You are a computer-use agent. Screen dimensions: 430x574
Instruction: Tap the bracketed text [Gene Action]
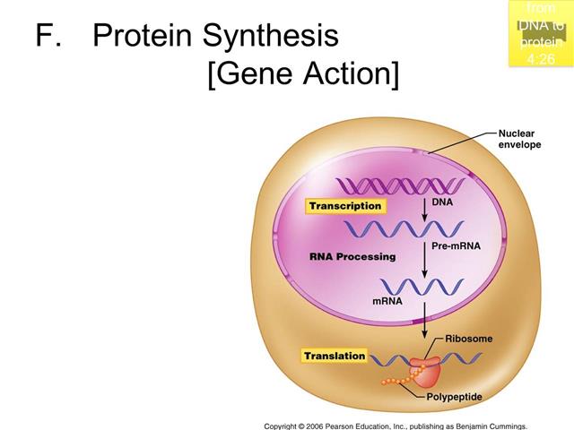[302, 73]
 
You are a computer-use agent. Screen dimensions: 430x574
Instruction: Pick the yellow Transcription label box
[344, 206]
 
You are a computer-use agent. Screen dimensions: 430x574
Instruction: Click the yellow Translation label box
[335, 356]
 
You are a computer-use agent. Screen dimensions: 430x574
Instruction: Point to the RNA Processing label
[352, 257]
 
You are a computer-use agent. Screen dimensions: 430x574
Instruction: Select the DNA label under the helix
[442, 203]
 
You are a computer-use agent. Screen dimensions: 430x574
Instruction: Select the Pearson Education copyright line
[395, 425]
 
